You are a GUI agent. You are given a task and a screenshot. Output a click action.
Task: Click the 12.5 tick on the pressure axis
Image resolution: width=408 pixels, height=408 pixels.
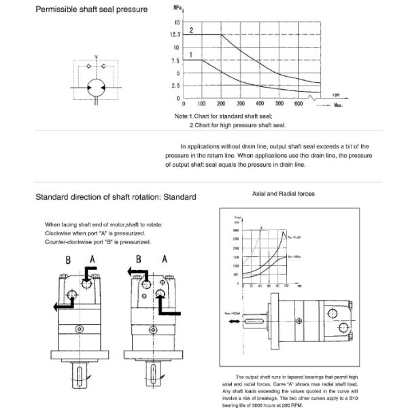point(175,35)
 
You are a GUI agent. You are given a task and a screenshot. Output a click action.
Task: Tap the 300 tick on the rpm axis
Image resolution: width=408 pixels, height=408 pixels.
point(241,104)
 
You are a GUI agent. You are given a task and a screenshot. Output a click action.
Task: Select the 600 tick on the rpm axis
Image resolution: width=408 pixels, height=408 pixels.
point(299,104)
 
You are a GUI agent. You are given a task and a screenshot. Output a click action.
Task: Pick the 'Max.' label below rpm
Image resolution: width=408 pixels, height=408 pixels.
point(338,105)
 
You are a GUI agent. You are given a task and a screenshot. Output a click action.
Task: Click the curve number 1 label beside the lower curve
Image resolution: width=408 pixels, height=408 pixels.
point(192,54)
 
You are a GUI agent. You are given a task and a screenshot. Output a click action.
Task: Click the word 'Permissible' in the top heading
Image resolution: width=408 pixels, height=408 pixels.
point(60,11)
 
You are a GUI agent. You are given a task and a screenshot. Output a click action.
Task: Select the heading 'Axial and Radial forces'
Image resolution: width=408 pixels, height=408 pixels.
point(284,194)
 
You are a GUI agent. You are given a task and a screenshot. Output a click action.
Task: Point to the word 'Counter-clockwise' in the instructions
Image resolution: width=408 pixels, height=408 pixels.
point(67,242)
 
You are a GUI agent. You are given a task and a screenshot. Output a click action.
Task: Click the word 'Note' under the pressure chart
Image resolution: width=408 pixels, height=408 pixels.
point(181,117)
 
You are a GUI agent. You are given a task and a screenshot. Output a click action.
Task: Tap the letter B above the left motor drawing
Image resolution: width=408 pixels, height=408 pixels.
point(68,259)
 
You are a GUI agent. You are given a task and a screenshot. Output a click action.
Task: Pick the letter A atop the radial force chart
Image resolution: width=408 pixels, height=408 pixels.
point(262,228)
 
